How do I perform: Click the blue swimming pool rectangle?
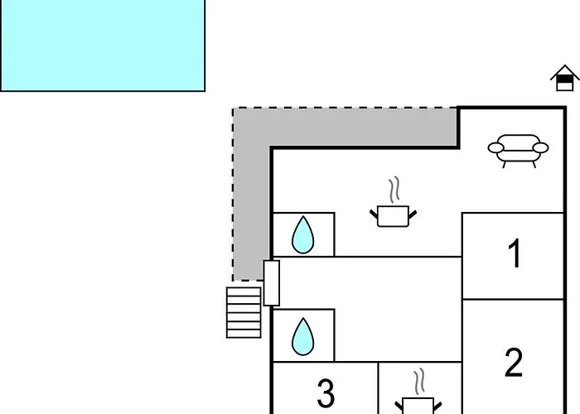pyautogui.click(x=103, y=45)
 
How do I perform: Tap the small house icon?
pyautogui.click(x=564, y=78)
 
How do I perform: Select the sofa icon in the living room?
pyautogui.click(x=518, y=151)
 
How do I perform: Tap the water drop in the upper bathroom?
pyautogui.click(x=303, y=235)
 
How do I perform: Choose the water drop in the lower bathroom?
pyautogui.click(x=303, y=336)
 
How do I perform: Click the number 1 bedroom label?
pyautogui.click(x=515, y=253)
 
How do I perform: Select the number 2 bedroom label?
pyautogui.click(x=514, y=363)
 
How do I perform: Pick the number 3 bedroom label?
pyautogui.click(x=326, y=393)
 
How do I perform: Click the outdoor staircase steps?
pyautogui.click(x=244, y=313)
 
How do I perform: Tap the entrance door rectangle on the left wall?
pyautogui.click(x=272, y=283)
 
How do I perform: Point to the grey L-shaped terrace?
pyautogui.click(x=252, y=148)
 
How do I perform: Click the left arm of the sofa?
pyautogui.click(x=495, y=148)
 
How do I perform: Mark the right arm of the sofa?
pyautogui.click(x=540, y=148)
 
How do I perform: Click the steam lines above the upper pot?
pyautogui.click(x=394, y=190)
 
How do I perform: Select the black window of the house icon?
pyautogui.click(x=564, y=79)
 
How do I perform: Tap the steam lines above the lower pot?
pyautogui.click(x=419, y=382)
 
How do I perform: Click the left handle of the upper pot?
pyautogui.click(x=374, y=214)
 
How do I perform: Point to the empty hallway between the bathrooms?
pyautogui.click(x=370, y=309)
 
